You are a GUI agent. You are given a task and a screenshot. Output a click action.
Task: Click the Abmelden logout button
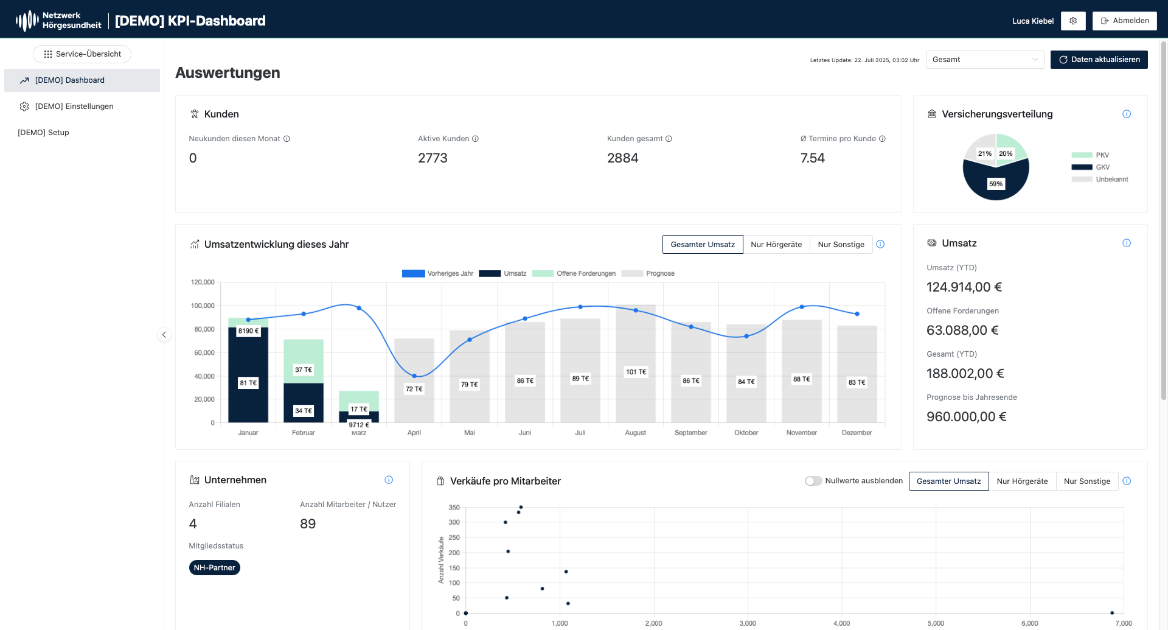pyautogui.click(x=1124, y=21)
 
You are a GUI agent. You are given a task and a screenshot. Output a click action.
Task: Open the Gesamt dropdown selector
pyautogui.click(x=984, y=60)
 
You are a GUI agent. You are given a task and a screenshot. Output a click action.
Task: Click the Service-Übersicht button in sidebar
pyautogui.click(x=82, y=54)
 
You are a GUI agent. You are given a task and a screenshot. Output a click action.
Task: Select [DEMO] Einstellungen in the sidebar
pyautogui.click(x=74, y=107)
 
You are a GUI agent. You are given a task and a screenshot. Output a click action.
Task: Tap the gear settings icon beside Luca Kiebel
pyautogui.click(x=1073, y=21)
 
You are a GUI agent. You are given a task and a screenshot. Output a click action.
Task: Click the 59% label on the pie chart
pyautogui.click(x=996, y=184)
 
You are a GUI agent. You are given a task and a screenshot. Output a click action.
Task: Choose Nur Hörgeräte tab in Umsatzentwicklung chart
pyautogui.click(x=776, y=245)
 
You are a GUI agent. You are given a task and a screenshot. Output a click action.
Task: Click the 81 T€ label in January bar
pyautogui.click(x=248, y=383)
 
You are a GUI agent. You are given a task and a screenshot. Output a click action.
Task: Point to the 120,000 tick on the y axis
pyautogui.click(x=203, y=282)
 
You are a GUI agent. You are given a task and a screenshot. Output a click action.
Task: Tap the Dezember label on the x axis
pyautogui.click(x=857, y=433)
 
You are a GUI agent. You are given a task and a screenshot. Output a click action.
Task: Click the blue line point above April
pyautogui.click(x=414, y=376)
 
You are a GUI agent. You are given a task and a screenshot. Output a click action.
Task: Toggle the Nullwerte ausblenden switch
pyautogui.click(x=813, y=481)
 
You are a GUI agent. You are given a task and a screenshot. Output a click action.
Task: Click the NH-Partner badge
pyautogui.click(x=214, y=568)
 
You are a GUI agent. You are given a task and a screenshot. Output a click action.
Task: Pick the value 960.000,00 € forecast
pyautogui.click(x=966, y=417)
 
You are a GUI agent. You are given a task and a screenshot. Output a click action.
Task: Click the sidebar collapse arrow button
pyautogui.click(x=164, y=335)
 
